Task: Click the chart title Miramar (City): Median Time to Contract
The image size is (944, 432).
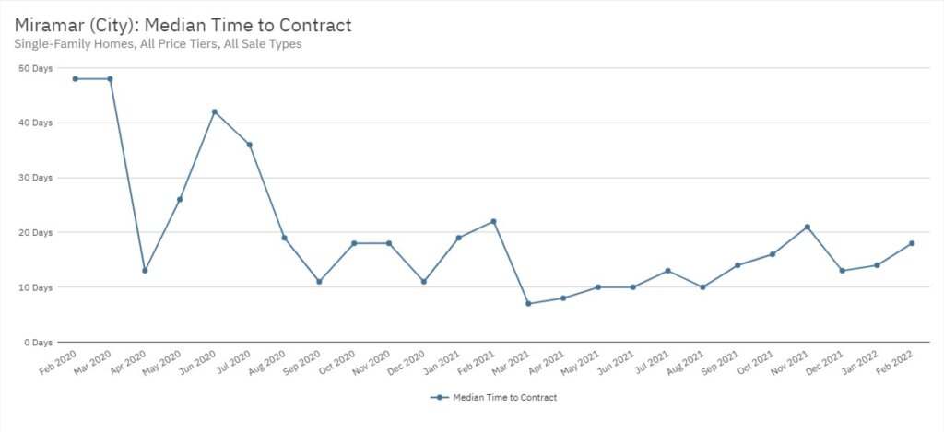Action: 183,25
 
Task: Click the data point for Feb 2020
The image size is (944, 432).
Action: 76,79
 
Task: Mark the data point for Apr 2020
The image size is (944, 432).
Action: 145,271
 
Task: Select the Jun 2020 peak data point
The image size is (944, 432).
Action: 215,112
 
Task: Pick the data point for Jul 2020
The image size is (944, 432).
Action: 250,145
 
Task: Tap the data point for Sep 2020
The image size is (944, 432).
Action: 319,282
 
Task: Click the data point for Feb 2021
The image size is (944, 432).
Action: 493,221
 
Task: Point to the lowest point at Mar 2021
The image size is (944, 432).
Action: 528,303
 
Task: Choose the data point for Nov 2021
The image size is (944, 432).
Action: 808,227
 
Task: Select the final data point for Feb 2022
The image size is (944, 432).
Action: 912,243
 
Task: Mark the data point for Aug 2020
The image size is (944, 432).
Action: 284,238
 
